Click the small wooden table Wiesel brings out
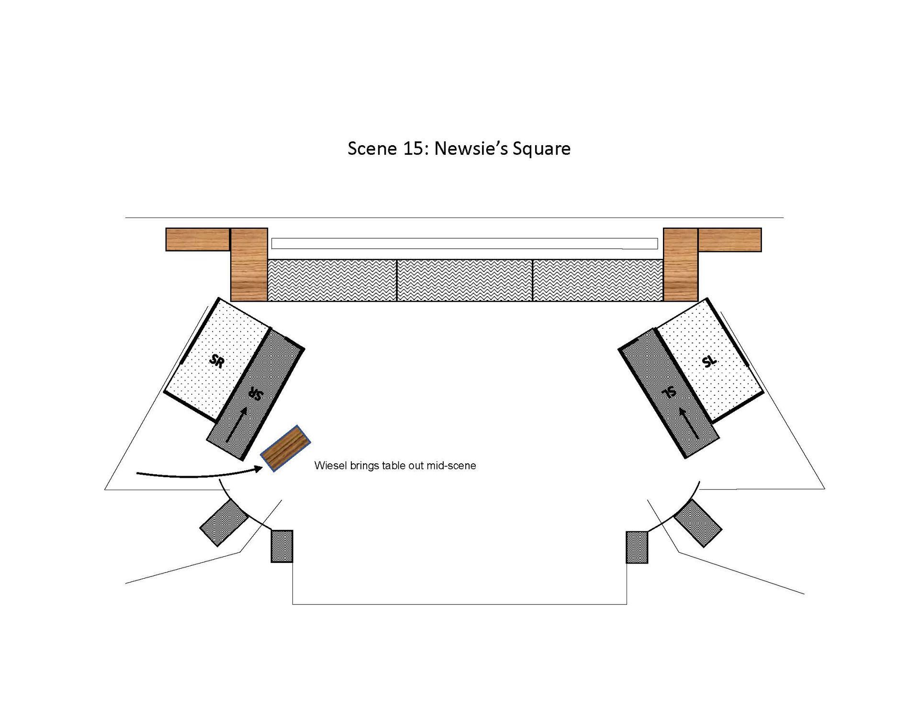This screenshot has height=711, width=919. click(x=285, y=448)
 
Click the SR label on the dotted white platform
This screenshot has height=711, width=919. click(x=217, y=360)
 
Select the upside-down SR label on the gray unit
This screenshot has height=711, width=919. click(x=256, y=393)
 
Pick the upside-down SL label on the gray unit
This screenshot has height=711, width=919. click(x=670, y=392)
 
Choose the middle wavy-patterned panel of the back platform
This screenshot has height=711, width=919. click(x=465, y=280)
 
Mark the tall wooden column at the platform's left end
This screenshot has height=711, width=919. click(x=249, y=264)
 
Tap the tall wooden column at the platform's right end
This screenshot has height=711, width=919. click(x=680, y=264)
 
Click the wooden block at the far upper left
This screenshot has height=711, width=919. click(x=198, y=240)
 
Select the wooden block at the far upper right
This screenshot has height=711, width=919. click(x=729, y=240)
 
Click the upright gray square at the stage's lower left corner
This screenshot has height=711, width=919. click(x=282, y=546)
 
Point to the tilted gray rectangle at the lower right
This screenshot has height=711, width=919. click(x=698, y=523)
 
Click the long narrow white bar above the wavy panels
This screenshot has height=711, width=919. click(x=464, y=243)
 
